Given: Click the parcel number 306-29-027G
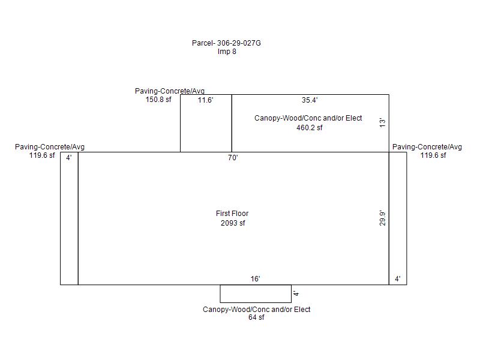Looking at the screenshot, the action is click(239, 43).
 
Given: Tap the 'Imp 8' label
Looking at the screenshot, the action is click(227, 52).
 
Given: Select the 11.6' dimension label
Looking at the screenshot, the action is click(205, 100).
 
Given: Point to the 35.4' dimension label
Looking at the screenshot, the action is click(310, 100).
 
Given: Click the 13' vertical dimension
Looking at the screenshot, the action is click(383, 123).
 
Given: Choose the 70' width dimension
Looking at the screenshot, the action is click(233, 158).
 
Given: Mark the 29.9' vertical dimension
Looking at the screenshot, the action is click(383, 218).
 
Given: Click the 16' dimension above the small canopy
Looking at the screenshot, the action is click(256, 279).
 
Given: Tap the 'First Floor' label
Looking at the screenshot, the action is click(232, 214).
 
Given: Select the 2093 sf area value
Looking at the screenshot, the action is click(233, 223).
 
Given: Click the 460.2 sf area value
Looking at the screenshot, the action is click(310, 128).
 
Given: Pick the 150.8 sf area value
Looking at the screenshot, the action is click(158, 100).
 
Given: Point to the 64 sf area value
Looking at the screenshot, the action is click(256, 317).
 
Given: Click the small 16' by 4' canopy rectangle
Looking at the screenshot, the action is click(256, 302).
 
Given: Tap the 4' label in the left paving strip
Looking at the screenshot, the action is click(69, 158).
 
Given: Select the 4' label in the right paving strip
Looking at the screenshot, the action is click(398, 279).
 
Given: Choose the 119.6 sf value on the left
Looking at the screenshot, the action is click(42, 155).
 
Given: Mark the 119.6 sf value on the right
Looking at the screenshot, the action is click(433, 155).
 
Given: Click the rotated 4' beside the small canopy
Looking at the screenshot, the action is click(296, 293).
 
